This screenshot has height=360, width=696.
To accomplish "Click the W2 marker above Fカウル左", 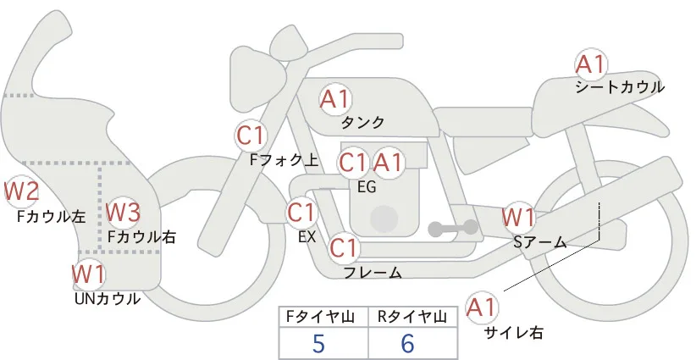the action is pyautogui.click(x=21, y=191).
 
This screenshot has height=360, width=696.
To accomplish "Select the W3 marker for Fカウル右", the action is pyautogui.click(x=124, y=212).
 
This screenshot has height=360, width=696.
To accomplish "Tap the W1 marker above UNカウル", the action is pyautogui.click(x=89, y=274).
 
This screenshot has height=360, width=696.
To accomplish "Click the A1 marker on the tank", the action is pyautogui.click(x=335, y=99).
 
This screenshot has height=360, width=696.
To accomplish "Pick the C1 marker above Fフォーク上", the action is pyautogui.click(x=251, y=136).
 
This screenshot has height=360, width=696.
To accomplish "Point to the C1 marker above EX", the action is pyautogui.click(x=301, y=213).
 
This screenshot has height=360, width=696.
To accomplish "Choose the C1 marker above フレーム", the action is pyautogui.click(x=344, y=247).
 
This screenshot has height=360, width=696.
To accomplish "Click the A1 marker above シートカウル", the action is pyautogui.click(x=591, y=65).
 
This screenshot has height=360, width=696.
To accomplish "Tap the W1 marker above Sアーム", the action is pyautogui.click(x=518, y=218).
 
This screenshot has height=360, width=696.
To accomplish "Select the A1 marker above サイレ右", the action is pyautogui.click(x=482, y=307).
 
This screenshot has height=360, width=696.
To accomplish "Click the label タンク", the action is pyautogui.click(x=362, y=123).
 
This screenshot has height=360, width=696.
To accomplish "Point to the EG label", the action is pyautogui.click(x=367, y=187).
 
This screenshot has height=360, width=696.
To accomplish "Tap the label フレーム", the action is pyautogui.click(x=373, y=272).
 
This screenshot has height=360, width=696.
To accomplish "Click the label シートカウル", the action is pyautogui.click(x=620, y=87).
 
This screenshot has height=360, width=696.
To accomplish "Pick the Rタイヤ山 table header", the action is pyautogui.click(x=412, y=317).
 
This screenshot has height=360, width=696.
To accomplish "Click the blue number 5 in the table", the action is pyautogui.click(x=318, y=343).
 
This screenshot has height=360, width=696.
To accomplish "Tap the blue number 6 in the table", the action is pyautogui.click(x=407, y=343).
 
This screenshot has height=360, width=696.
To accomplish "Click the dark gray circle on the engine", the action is pyautogui.click(x=384, y=219).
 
